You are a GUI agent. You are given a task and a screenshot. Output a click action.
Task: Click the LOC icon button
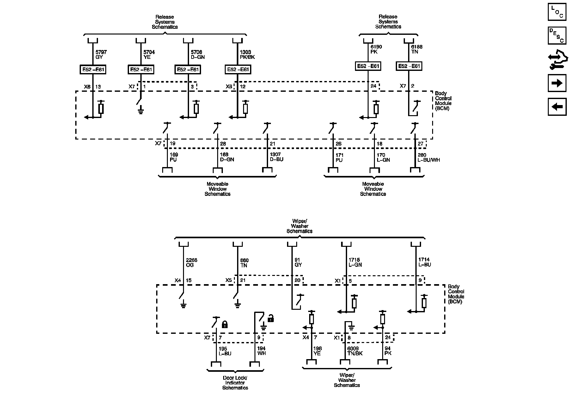pos(557,12)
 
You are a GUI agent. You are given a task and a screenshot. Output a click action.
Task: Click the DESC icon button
pos(557,35)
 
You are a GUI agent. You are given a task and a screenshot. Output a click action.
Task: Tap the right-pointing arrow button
pos(557,83)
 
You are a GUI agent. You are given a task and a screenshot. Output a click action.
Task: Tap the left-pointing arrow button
pos(557,107)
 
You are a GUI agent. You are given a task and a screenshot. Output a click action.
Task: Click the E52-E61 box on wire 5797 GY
pos(93,70)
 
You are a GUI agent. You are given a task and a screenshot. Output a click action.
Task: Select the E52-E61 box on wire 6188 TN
pos(409,66)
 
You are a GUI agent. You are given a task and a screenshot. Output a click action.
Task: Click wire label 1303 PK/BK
pos(247,54)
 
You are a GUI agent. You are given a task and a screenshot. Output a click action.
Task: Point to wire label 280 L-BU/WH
pos(429,158)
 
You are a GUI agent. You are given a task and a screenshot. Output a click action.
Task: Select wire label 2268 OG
pos(192,263)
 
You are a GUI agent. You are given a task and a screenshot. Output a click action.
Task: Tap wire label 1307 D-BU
pos(277,157)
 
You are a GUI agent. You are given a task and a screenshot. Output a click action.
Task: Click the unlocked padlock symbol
pos(271,319)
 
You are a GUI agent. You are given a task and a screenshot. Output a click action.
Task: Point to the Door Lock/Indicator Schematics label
pos(235,383)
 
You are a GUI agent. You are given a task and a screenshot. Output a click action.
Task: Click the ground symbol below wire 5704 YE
pos(141,111)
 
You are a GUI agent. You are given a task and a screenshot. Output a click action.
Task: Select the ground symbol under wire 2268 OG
pos(183,306)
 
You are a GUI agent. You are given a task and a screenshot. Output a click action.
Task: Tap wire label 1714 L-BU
pos(425,262)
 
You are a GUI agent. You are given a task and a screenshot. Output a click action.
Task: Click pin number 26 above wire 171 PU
pos(339,144)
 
